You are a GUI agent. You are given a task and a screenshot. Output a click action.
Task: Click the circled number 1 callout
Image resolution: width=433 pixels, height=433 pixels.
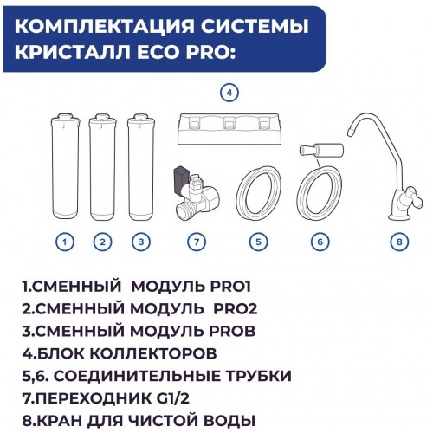pos(66,242)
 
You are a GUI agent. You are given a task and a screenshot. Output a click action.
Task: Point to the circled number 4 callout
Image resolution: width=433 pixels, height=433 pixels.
pos(229,92)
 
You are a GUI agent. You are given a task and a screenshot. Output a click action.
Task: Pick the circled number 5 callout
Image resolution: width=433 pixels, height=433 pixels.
pos(257,242)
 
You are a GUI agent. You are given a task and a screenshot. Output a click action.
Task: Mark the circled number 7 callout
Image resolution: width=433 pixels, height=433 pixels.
pos(198,242)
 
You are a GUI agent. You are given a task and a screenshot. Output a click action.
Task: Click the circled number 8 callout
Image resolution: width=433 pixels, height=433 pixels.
pos(397,242)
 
